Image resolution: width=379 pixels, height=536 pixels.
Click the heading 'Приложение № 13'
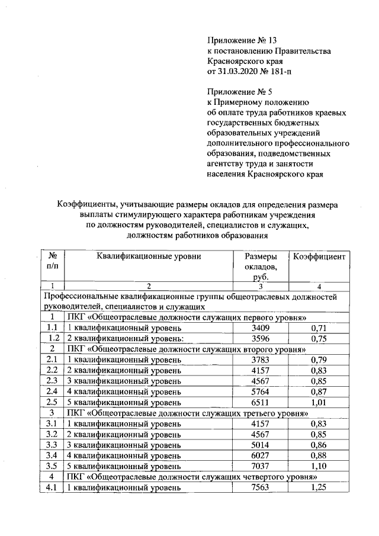click(242, 41)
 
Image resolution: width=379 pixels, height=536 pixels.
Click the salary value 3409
click(260, 328)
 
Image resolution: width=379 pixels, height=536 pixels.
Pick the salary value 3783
click(260, 360)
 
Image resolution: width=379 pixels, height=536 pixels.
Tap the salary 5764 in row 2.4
click(260, 391)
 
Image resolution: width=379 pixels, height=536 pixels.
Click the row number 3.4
click(52, 455)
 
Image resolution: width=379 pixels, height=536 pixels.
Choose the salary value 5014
click(260, 444)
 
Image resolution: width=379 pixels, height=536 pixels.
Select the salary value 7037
click(260, 466)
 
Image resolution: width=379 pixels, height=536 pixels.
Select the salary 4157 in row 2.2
click(260, 370)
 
